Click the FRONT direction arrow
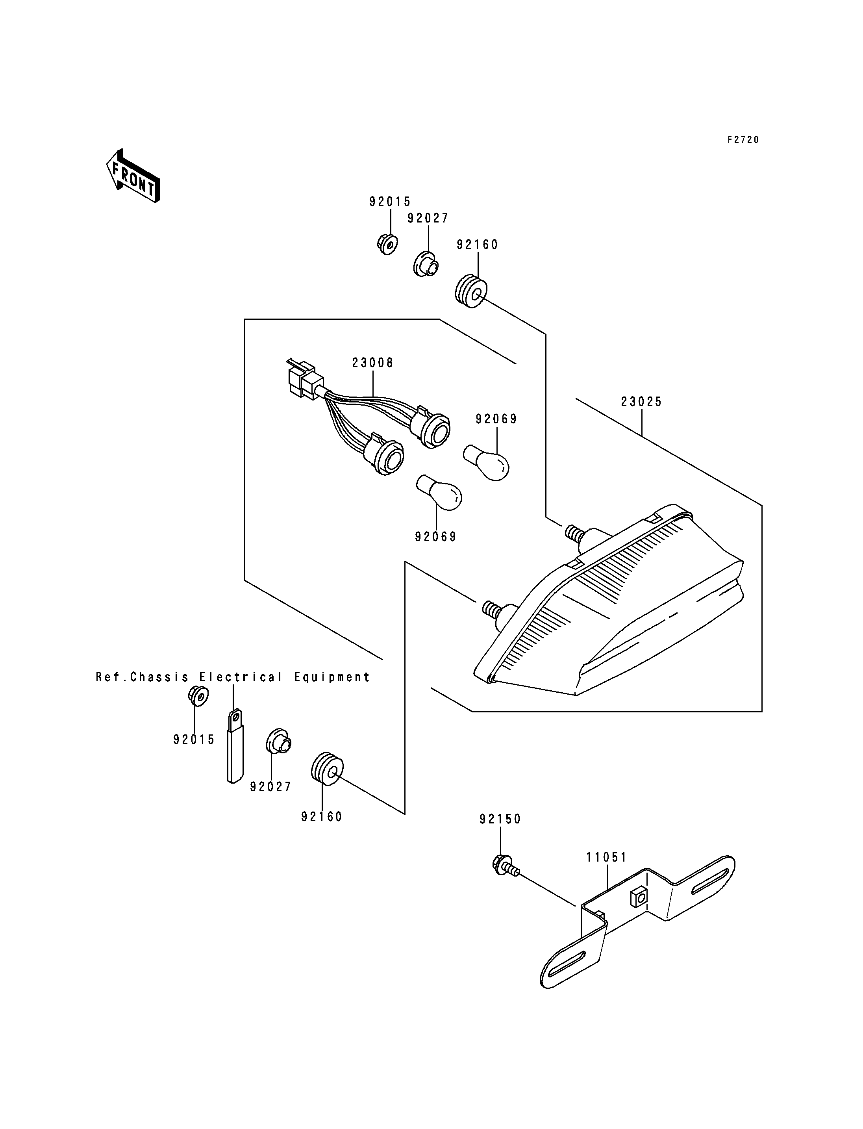[133, 176]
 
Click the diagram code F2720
[743, 140]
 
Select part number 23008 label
[373, 363]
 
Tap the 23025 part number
[642, 402]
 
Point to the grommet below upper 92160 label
[470, 292]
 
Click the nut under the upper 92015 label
[387, 244]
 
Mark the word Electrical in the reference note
[241, 677]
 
